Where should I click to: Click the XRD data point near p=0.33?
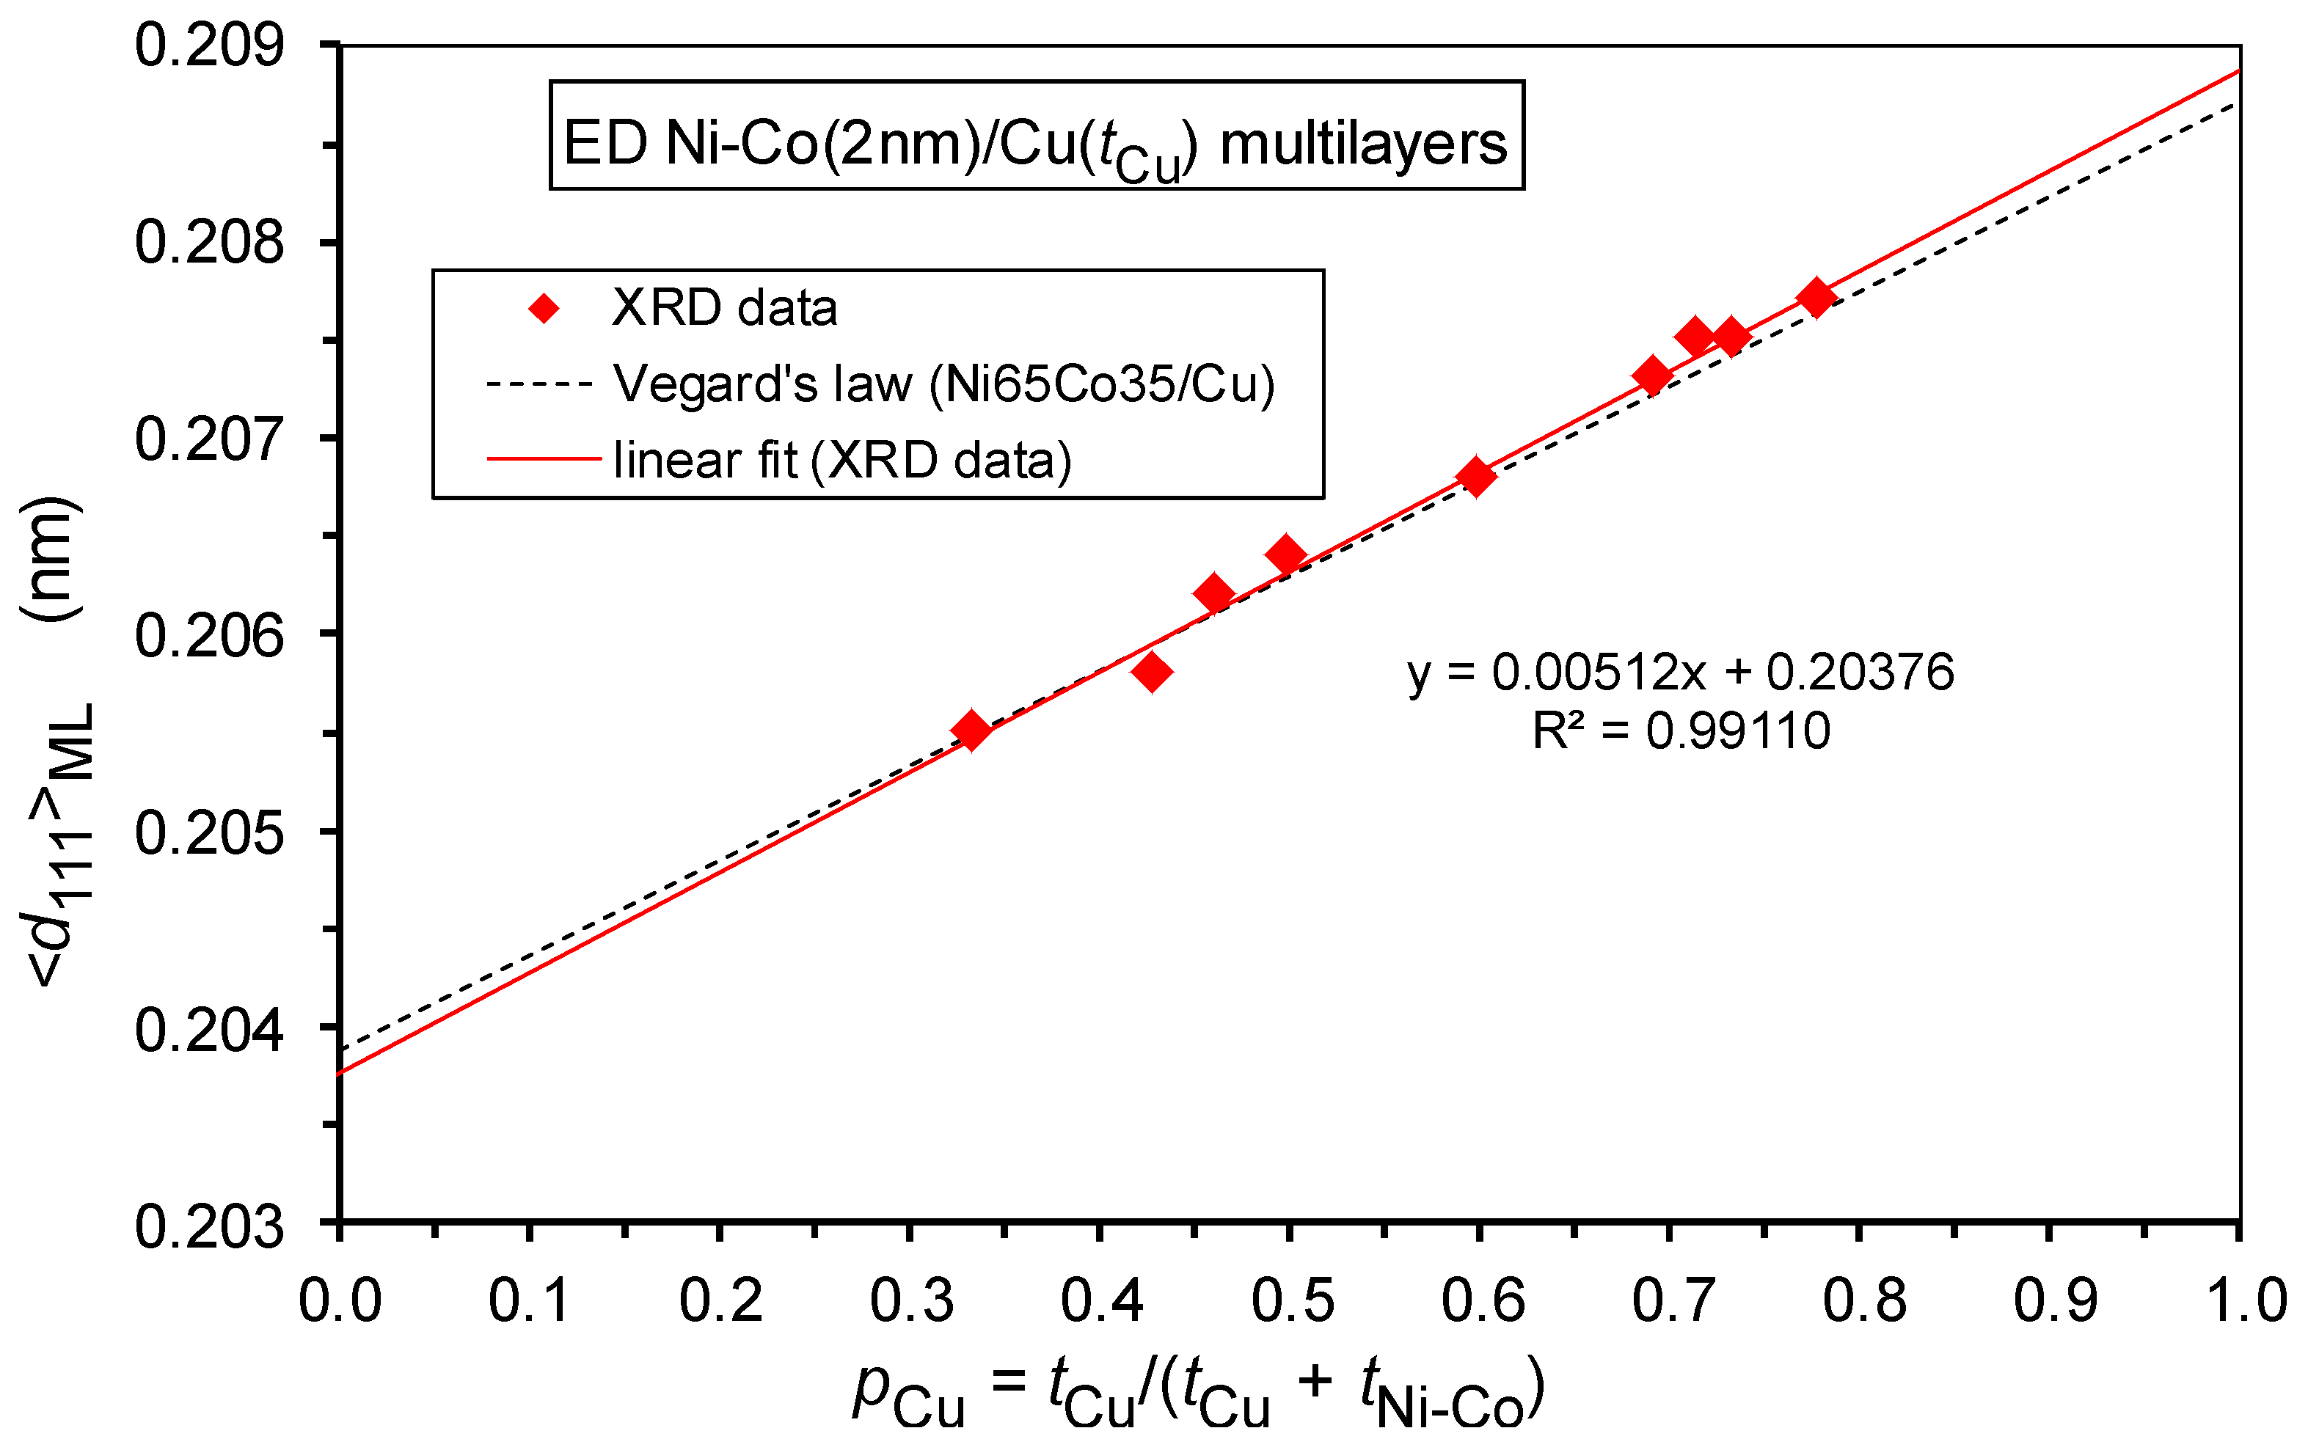[x=971, y=730]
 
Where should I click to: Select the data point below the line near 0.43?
[x=1153, y=672]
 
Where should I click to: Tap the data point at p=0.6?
[x=1475, y=476]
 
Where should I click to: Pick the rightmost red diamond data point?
[x=1816, y=299]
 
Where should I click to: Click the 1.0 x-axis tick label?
[x=2243, y=1299]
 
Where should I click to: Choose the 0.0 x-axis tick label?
[x=340, y=1299]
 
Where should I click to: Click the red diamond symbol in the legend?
[x=544, y=308]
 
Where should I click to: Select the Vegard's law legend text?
[x=943, y=384]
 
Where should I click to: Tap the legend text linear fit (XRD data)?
[x=842, y=461]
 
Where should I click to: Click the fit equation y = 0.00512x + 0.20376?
[x=1680, y=672]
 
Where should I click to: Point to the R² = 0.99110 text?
[x=1680, y=731]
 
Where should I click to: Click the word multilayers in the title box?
[x=1363, y=145]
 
